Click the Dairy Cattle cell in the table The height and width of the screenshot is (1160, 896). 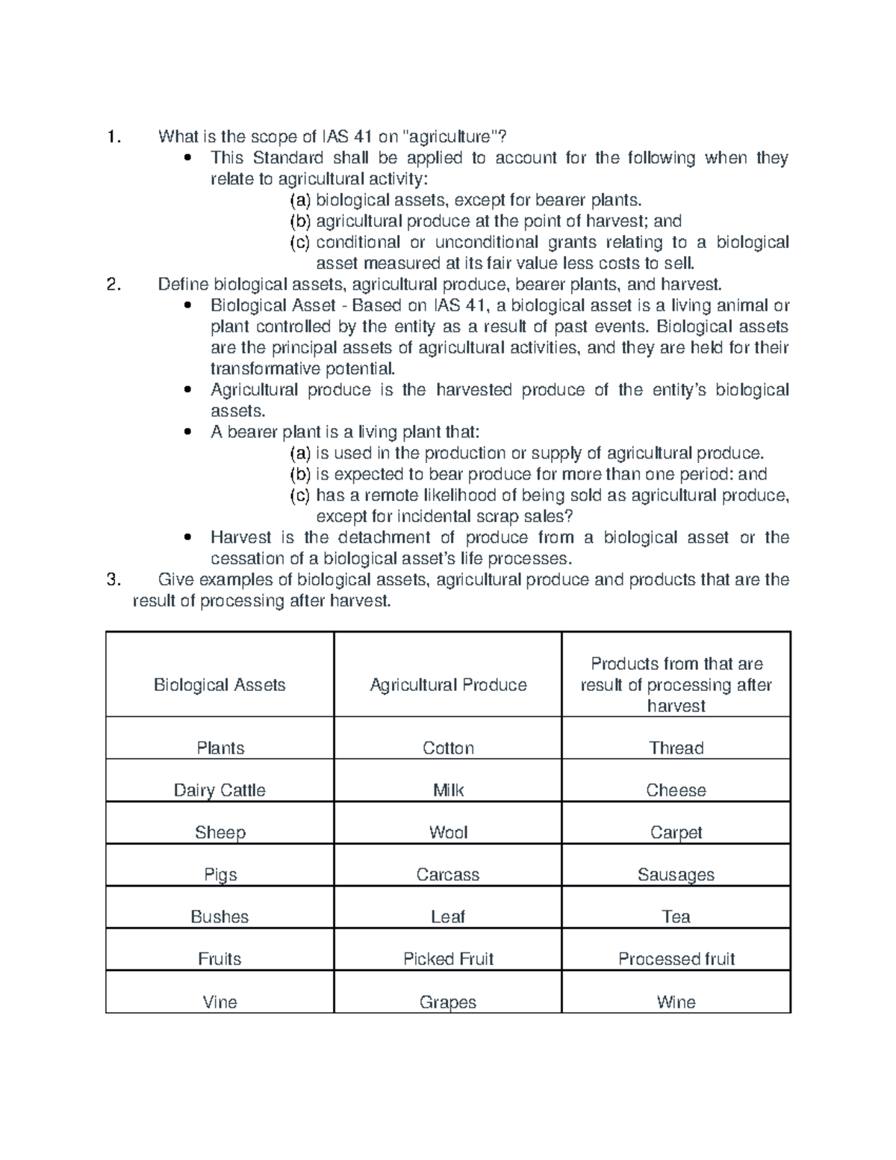(x=220, y=790)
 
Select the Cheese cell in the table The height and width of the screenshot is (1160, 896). (x=676, y=790)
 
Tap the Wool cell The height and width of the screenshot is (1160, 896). (x=448, y=832)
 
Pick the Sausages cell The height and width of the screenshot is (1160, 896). (x=676, y=875)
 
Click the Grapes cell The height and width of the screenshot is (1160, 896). (x=448, y=1002)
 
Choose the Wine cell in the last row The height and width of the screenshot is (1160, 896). (x=676, y=1002)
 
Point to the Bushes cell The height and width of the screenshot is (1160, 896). (x=220, y=916)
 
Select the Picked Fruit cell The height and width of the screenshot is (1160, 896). (x=448, y=959)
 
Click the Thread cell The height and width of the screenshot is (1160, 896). (x=676, y=748)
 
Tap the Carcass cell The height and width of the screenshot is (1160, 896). (x=448, y=875)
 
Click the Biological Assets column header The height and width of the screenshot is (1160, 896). (x=220, y=685)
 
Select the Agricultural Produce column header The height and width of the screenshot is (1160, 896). (x=448, y=685)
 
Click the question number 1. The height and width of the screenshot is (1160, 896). (x=113, y=137)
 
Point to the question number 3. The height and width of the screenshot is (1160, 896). (x=113, y=580)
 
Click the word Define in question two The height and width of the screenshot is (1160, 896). (x=183, y=285)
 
